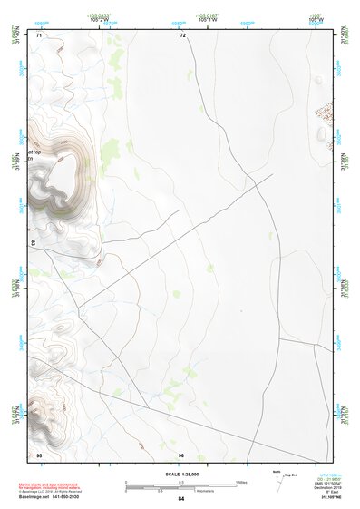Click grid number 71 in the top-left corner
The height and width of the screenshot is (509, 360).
pos(39,34)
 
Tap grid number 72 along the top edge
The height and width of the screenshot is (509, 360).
pos(182,34)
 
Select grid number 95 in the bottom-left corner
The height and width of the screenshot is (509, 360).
pos(39,454)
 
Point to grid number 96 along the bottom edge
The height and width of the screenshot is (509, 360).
pos(181,454)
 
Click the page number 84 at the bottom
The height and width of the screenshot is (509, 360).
pos(181,499)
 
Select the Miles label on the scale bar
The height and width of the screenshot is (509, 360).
pos(241,481)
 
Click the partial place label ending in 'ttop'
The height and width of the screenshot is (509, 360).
pos(36,152)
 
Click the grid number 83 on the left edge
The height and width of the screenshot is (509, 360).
pos(34,243)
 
